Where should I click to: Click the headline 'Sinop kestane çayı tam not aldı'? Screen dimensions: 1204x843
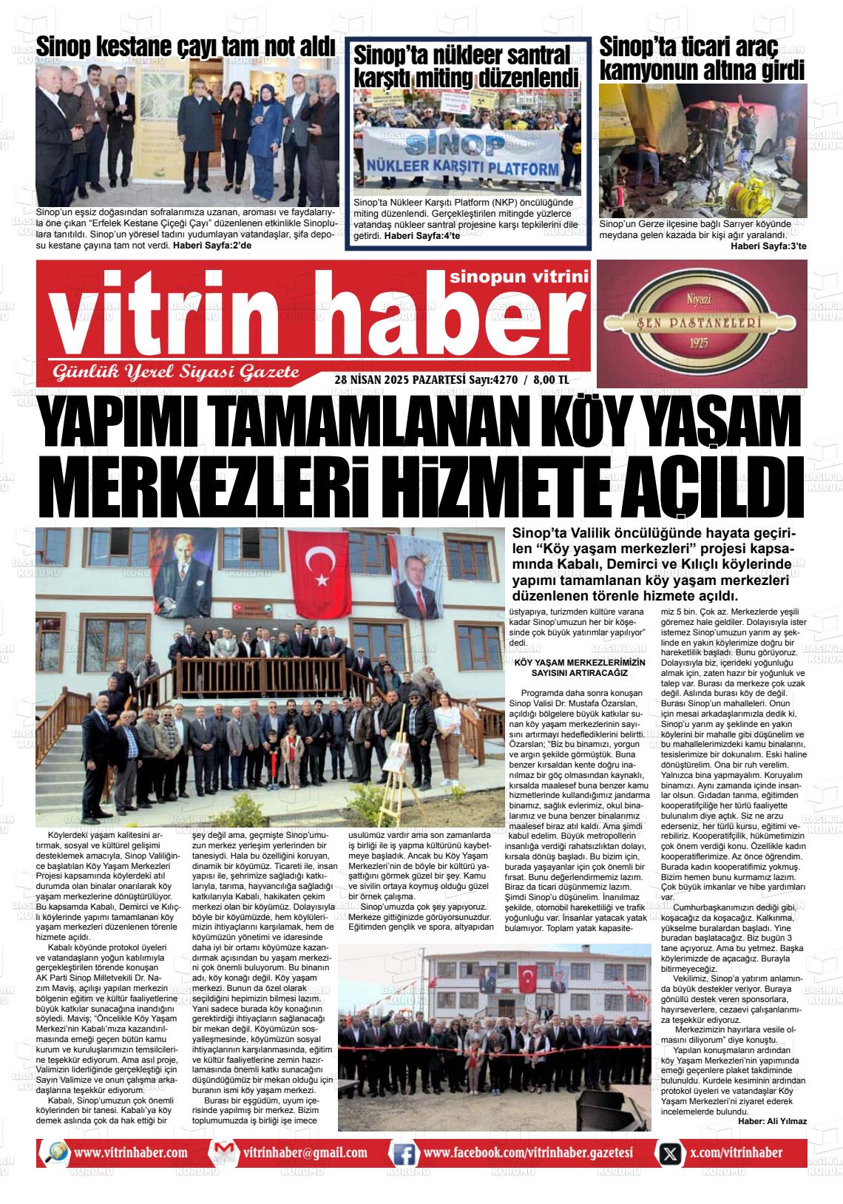tap(186, 46)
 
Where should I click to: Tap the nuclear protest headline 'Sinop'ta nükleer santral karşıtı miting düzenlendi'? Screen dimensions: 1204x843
tap(467, 66)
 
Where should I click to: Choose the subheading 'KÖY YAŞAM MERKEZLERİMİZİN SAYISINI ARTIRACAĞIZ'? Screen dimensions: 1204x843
tap(580, 668)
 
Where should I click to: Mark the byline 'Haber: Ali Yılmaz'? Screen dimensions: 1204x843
tap(772, 1120)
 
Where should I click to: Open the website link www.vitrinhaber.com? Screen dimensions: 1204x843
tap(131, 1152)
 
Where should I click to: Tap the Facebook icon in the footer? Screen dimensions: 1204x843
tap(403, 1153)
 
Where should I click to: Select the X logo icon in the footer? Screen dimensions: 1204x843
tap(670, 1153)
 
